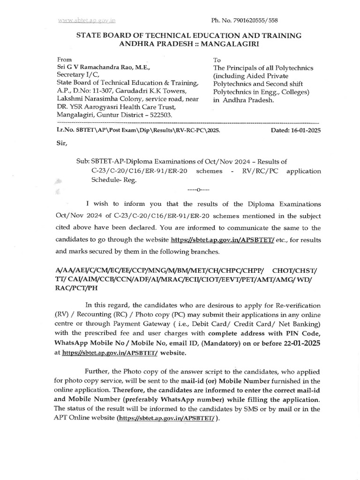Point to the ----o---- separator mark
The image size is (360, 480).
(x=198, y=190)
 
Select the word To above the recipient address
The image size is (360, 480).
(x=217, y=60)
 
